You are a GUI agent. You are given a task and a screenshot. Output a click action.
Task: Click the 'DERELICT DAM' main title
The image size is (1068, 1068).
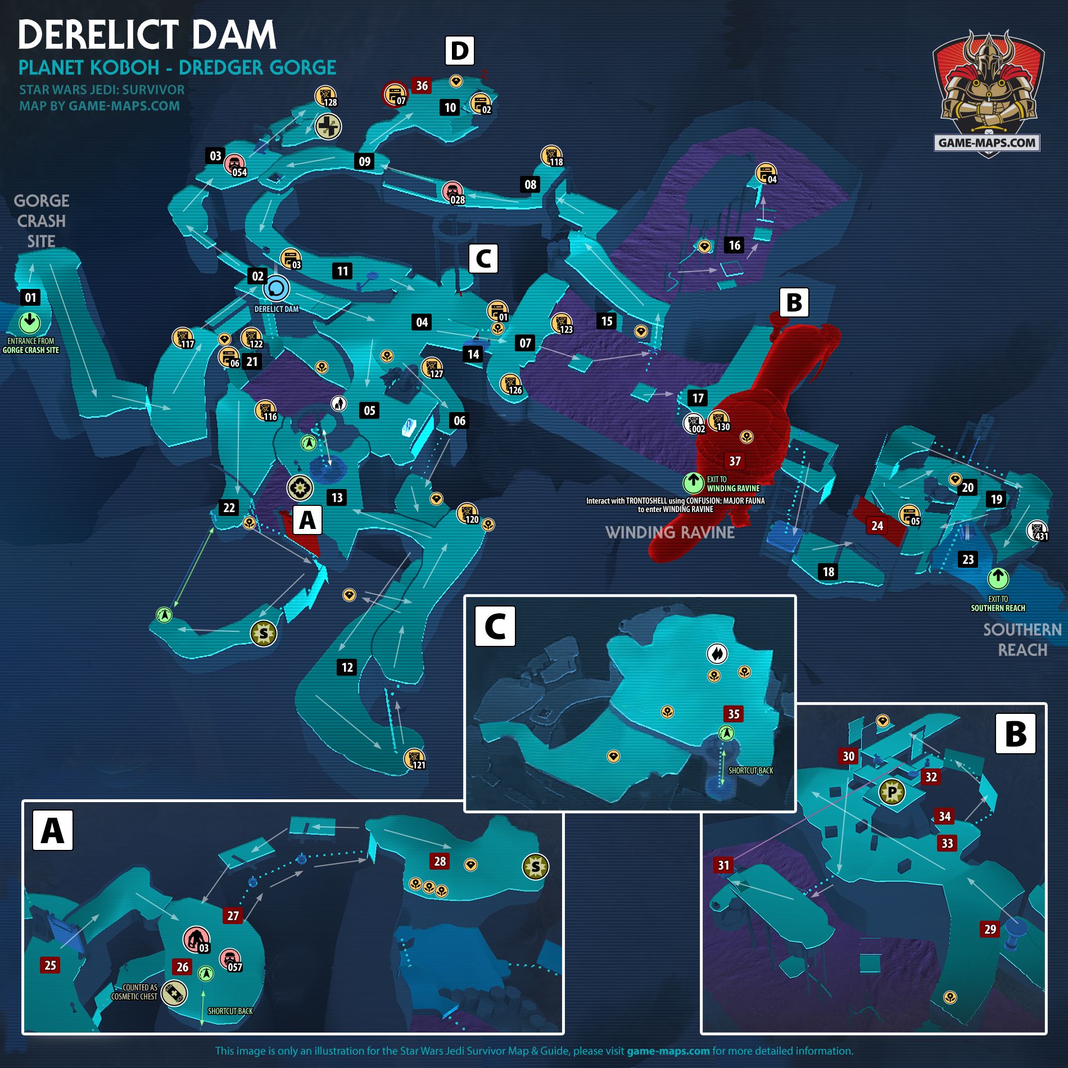coord(147,35)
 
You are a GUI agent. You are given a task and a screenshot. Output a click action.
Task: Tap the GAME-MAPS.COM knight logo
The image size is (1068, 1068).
coord(988,93)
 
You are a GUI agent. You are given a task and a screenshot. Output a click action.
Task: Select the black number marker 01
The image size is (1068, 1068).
coord(30,297)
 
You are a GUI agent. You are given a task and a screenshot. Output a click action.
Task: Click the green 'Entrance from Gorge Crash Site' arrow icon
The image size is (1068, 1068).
coord(30,323)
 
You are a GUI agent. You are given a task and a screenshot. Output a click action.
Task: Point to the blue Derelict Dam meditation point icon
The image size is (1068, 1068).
coord(276,289)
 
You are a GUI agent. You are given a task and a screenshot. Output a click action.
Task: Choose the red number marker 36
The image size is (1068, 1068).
coord(422,85)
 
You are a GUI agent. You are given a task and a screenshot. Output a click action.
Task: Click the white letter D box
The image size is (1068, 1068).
coord(459,51)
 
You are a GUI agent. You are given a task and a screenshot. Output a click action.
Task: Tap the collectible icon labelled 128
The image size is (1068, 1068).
coord(325,97)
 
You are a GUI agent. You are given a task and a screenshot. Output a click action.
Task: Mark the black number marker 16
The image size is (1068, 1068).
coord(734,245)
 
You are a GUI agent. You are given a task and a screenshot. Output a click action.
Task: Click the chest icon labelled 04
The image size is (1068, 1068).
coord(766,173)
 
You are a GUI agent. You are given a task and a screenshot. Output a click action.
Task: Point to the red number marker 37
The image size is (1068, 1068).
coord(735,461)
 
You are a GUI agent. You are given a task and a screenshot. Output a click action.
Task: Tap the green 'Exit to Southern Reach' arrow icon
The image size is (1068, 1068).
coord(998,578)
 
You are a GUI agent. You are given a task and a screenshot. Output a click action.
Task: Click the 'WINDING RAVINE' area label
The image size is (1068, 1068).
coord(669,532)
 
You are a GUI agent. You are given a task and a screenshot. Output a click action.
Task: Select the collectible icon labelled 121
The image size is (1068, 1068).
coord(414,759)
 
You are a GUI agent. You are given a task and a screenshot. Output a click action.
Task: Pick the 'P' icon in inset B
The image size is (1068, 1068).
coord(892,792)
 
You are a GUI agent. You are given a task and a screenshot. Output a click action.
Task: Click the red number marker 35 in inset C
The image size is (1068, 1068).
coord(734,714)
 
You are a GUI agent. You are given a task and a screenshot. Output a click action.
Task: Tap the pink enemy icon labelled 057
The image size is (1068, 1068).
coord(230,960)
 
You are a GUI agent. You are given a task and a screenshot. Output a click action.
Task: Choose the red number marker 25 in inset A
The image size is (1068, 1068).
coord(50,965)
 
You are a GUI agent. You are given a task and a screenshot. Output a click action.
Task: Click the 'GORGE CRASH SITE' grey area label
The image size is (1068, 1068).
coord(41,221)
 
